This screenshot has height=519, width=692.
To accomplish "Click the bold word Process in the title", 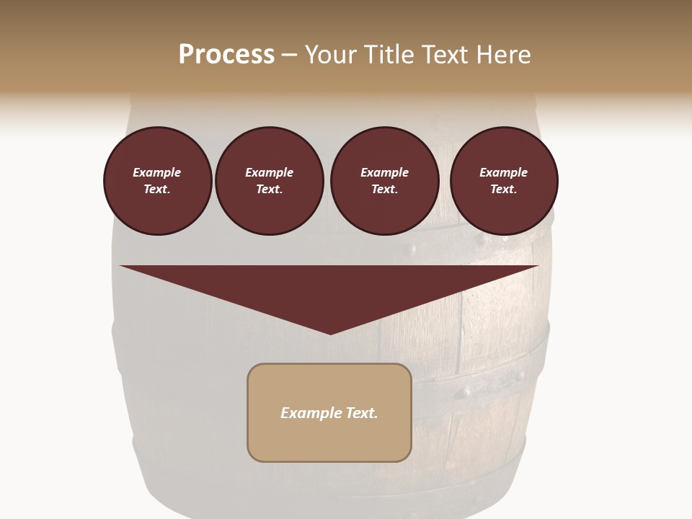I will click(226, 55).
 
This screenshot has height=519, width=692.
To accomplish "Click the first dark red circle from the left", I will click(157, 181).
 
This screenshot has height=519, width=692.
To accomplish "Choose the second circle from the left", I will click(270, 181).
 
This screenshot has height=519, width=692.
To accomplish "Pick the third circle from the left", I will click(384, 181).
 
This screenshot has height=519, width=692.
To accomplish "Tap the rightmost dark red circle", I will click(504, 181).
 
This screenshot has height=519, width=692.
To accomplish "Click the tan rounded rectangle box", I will click(329, 412).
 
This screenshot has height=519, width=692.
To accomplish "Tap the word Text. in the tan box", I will click(361, 413).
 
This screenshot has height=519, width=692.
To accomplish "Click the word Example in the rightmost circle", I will click(503, 172).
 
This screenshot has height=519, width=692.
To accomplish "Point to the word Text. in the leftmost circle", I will click(157, 190).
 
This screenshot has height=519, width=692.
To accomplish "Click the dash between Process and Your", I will click(290, 55).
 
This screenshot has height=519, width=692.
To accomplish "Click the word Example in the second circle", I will click(270, 172).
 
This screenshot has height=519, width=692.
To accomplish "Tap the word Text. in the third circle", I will click(384, 190).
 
